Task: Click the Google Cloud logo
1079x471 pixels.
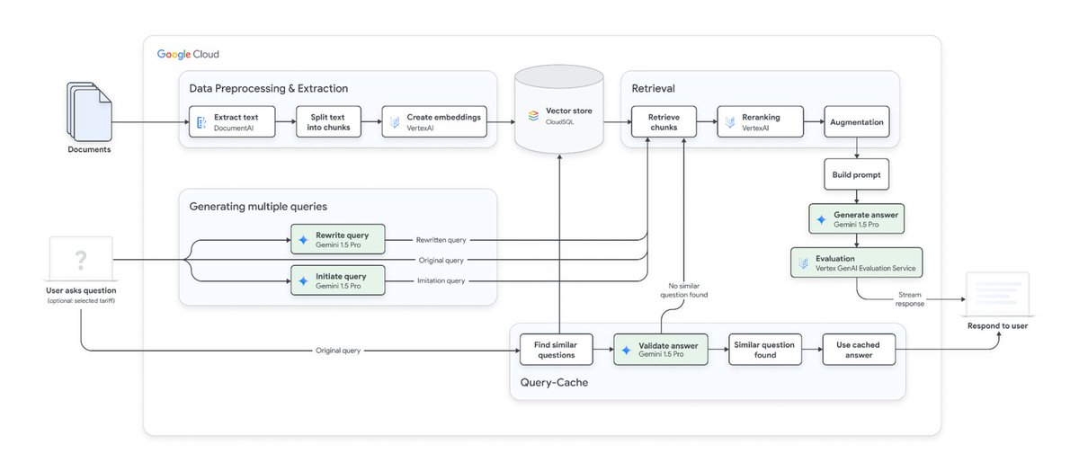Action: pyautogui.click(x=188, y=55)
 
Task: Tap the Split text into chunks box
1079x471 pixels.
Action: pyautogui.click(x=322, y=122)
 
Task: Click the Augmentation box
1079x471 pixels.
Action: pyautogui.click(x=856, y=122)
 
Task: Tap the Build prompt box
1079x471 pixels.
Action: pyautogui.click(x=856, y=174)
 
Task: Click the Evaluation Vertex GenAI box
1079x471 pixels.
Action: pyautogui.click(x=856, y=262)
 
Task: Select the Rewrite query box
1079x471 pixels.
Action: pyautogui.click(x=337, y=239)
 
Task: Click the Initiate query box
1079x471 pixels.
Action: pyautogui.click(x=337, y=280)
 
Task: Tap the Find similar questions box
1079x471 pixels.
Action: pyautogui.click(x=557, y=350)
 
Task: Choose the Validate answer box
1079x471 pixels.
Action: pyautogui.click(x=661, y=350)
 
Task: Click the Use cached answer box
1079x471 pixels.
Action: pyautogui.click(x=860, y=350)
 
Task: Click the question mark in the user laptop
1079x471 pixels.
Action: pyautogui.click(x=81, y=260)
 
